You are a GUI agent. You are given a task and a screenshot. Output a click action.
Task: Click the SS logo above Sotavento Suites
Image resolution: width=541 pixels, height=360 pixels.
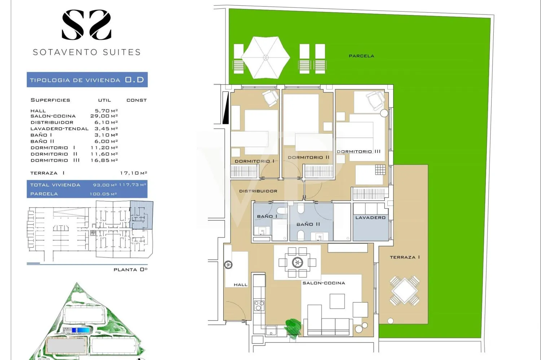point(87,25)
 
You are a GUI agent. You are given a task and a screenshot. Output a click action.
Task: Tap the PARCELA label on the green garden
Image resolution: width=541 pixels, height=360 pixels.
point(361,56)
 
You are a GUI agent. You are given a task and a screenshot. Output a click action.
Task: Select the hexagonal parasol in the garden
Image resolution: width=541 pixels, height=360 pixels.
point(265,58)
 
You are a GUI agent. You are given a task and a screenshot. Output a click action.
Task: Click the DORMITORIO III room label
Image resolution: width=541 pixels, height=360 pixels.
point(359,151)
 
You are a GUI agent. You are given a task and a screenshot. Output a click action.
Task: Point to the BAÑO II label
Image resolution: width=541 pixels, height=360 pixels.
point(308,224)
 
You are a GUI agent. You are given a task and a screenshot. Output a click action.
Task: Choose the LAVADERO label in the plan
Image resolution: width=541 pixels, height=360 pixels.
point(370,218)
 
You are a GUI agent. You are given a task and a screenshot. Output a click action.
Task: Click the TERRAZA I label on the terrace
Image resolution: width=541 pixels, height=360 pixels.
point(405,257)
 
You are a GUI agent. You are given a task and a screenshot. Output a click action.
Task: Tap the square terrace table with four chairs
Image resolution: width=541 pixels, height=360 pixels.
point(405,291)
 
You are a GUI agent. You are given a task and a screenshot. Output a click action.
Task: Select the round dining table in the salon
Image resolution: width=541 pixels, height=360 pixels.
point(297,262)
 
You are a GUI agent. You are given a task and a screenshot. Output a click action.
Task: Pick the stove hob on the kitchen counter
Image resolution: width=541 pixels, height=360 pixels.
point(259,306)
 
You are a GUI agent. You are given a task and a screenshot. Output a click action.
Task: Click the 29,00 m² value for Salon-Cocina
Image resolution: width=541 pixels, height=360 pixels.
point(104,116)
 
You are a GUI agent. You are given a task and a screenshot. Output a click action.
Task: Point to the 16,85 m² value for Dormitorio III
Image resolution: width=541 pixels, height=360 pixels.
point(104,160)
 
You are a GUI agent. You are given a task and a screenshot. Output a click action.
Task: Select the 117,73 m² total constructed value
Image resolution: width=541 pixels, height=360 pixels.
point(133,185)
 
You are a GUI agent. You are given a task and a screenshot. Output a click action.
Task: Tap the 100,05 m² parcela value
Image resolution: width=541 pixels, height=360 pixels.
point(103,194)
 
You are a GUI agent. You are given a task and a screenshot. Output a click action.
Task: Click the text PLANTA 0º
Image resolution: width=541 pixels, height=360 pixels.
point(131,270)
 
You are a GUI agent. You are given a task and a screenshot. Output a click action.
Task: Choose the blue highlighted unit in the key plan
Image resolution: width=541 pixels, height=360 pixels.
point(141,215)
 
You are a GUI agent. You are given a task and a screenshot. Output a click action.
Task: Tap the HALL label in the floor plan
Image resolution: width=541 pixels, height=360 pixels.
point(241,285)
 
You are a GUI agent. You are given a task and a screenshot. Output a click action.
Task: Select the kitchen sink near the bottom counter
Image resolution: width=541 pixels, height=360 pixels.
point(271,330)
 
